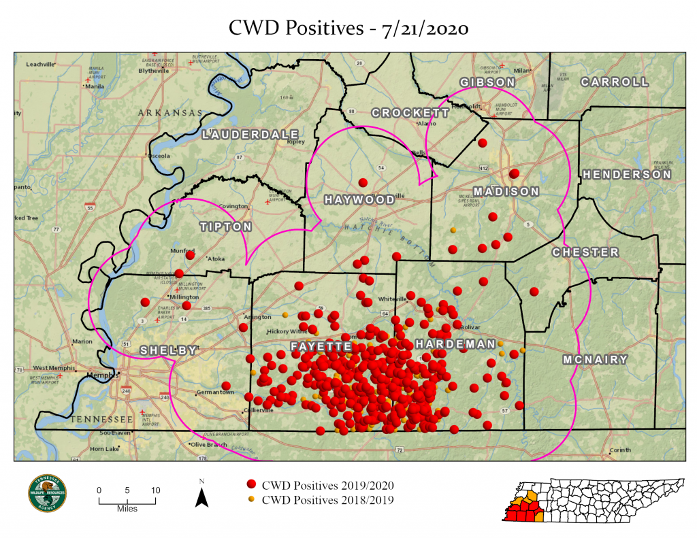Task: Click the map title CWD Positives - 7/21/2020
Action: tap(348, 28)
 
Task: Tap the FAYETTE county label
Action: tap(321, 346)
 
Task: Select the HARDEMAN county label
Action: tap(455, 344)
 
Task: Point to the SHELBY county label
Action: tap(167, 350)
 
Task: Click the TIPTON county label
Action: tap(225, 226)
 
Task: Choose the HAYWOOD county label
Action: tap(359, 200)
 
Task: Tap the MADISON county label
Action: tap(506, 191)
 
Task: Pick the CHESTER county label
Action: tap(585, 252)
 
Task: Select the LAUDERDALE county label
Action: tap(251, 134)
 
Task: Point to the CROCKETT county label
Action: tap(411, 113)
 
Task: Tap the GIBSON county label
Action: tap(487, 82)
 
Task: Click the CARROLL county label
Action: tap(615, 82)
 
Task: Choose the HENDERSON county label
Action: tap(626, 175)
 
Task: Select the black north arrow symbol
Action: tap(201, 497)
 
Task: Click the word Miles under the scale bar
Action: tap(127, 509)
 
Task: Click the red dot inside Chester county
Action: tap(534, 292)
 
